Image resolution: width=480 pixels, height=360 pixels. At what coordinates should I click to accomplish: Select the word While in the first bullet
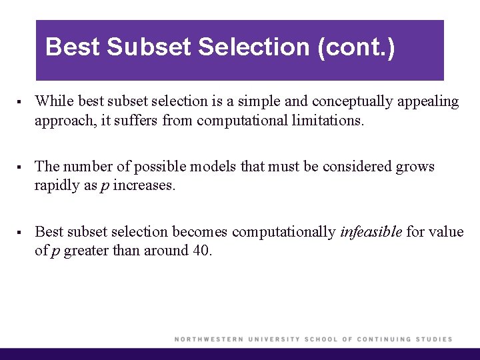54,101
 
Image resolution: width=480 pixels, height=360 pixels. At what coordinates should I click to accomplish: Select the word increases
144,186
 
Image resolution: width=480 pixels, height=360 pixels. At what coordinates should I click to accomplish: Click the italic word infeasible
371,231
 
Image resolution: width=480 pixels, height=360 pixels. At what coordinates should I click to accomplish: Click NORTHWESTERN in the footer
208,339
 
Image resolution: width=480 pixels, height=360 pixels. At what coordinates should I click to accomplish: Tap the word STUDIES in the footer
433,339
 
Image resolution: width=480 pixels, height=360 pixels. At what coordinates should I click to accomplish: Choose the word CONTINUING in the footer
384,339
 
